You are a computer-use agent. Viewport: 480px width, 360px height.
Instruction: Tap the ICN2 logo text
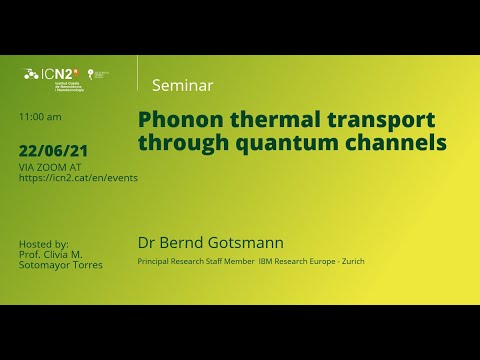56,73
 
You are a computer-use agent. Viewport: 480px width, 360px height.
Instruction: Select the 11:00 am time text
40,117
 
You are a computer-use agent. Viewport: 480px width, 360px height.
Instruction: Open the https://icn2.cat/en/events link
78,177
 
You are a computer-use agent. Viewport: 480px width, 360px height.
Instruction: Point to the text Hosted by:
44,244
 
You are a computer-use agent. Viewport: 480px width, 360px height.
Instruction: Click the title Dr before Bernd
146,243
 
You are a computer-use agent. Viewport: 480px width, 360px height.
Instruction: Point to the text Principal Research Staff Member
195,262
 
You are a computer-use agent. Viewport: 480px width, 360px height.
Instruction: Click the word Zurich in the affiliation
353,262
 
